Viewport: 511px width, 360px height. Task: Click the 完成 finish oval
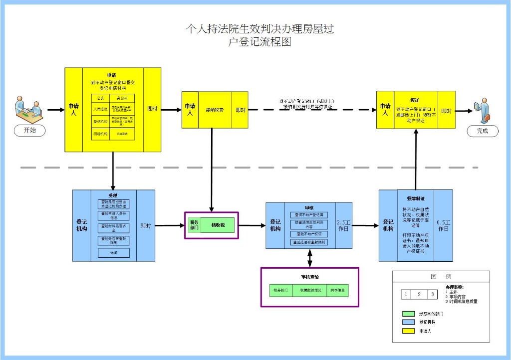[x=482, y=131]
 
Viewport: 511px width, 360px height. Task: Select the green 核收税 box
[x=218, y=225]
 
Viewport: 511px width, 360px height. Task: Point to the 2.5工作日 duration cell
[x=344, y=225]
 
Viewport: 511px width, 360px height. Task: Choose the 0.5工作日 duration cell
[x=444, y=225]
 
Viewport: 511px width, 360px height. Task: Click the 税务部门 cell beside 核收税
[x=194, y=225]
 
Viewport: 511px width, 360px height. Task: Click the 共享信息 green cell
[x=337, y=290]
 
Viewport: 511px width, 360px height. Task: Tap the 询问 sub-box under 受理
[x=114, y=253]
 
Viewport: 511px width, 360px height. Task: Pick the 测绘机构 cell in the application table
[x=100, y=134]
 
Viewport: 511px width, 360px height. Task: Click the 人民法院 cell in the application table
[x=100, y=108]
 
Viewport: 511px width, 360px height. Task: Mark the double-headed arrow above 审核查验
[x=310, y=258]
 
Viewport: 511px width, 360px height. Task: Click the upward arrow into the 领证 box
[x=415, y=160]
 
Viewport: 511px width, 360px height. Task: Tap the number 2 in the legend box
[x=419, y=295]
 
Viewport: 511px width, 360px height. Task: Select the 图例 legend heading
[x=441, y=277]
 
